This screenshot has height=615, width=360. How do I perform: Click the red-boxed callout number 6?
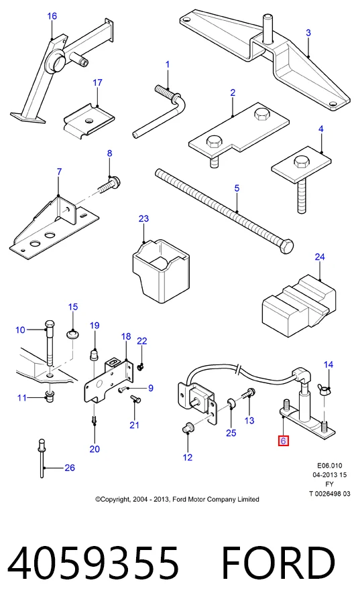(283, 441)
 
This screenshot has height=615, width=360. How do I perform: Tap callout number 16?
(52, 16)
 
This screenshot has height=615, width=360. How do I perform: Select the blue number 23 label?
(143, 218)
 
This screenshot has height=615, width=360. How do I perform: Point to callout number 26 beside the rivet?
(70, 468)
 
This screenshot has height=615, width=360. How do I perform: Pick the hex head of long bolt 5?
(287, 245)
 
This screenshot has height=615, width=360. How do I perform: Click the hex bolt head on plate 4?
(302, 161)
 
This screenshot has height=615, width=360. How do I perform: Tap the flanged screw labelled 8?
(107, 184)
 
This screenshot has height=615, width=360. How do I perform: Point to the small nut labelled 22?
(141, 366)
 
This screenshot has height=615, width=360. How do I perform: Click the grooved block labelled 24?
(299, 301)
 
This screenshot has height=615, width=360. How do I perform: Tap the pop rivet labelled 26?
(42, 458)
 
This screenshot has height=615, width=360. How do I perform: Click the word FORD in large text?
(278, 563)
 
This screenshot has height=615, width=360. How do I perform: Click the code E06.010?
(330, 466)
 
